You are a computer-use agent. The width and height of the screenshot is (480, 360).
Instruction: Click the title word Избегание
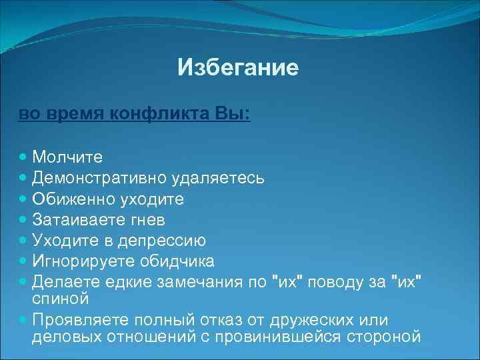click(238, 67)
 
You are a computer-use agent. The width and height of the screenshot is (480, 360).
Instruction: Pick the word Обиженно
click(74, 199)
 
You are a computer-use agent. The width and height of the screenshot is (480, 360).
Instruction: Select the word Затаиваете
click(80, 219)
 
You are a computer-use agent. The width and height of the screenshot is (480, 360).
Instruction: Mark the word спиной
click(60, 295)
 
